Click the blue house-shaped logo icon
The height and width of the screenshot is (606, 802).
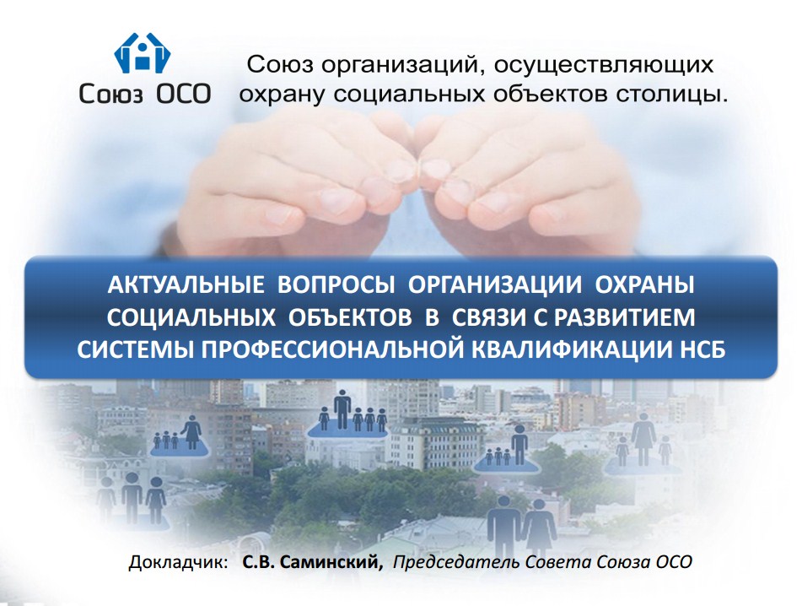coord(143,52)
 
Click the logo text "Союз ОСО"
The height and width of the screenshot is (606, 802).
coord(145,94)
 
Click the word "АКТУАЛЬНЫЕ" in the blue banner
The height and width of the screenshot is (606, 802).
coord(186,285)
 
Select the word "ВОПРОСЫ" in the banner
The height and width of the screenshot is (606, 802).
coord(336,285)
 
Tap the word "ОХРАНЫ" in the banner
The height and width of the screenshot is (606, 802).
coord(644,285)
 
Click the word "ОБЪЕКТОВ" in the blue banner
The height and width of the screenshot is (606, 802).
coord(350,318)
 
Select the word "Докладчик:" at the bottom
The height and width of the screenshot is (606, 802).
coord(179,562)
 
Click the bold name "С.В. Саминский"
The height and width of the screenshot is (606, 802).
coord(313,561)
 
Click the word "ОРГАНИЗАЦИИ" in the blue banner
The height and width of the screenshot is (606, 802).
coord(495,285)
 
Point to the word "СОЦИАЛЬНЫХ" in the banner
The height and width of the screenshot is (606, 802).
coord(191,318)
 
